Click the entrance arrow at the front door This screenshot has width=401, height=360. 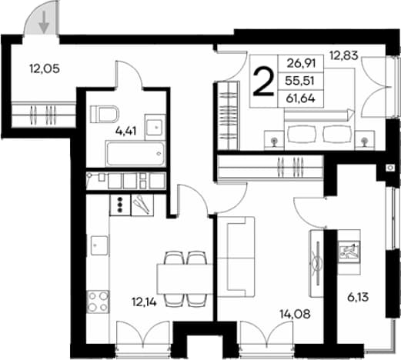[45, 22]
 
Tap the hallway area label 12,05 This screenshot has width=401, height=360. [45, 68]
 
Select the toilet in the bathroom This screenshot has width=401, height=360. [105, 114]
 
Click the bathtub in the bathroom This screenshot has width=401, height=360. [135, 154]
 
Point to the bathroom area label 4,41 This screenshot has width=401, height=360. [125, 132]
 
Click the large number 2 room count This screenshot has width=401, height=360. [263, 82]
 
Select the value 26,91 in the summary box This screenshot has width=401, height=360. [301, 63]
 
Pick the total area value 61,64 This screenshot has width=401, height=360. [300, 98]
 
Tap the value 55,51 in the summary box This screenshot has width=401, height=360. [300, 81]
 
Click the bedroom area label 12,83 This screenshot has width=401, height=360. [344, 55]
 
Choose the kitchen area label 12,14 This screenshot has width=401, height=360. [144, 302]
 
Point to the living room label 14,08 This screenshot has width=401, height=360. [295, 314]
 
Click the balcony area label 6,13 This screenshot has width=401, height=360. [358, 298]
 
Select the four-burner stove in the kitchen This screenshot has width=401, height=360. [98, 302]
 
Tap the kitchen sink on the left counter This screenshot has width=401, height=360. [99, 245]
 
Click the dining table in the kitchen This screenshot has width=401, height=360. [185, 279]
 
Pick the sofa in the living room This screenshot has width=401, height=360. [236, 257]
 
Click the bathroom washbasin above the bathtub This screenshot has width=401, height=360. [155, 127]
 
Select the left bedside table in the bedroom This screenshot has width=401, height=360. [274, 140]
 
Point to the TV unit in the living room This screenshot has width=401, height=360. [317, 263]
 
